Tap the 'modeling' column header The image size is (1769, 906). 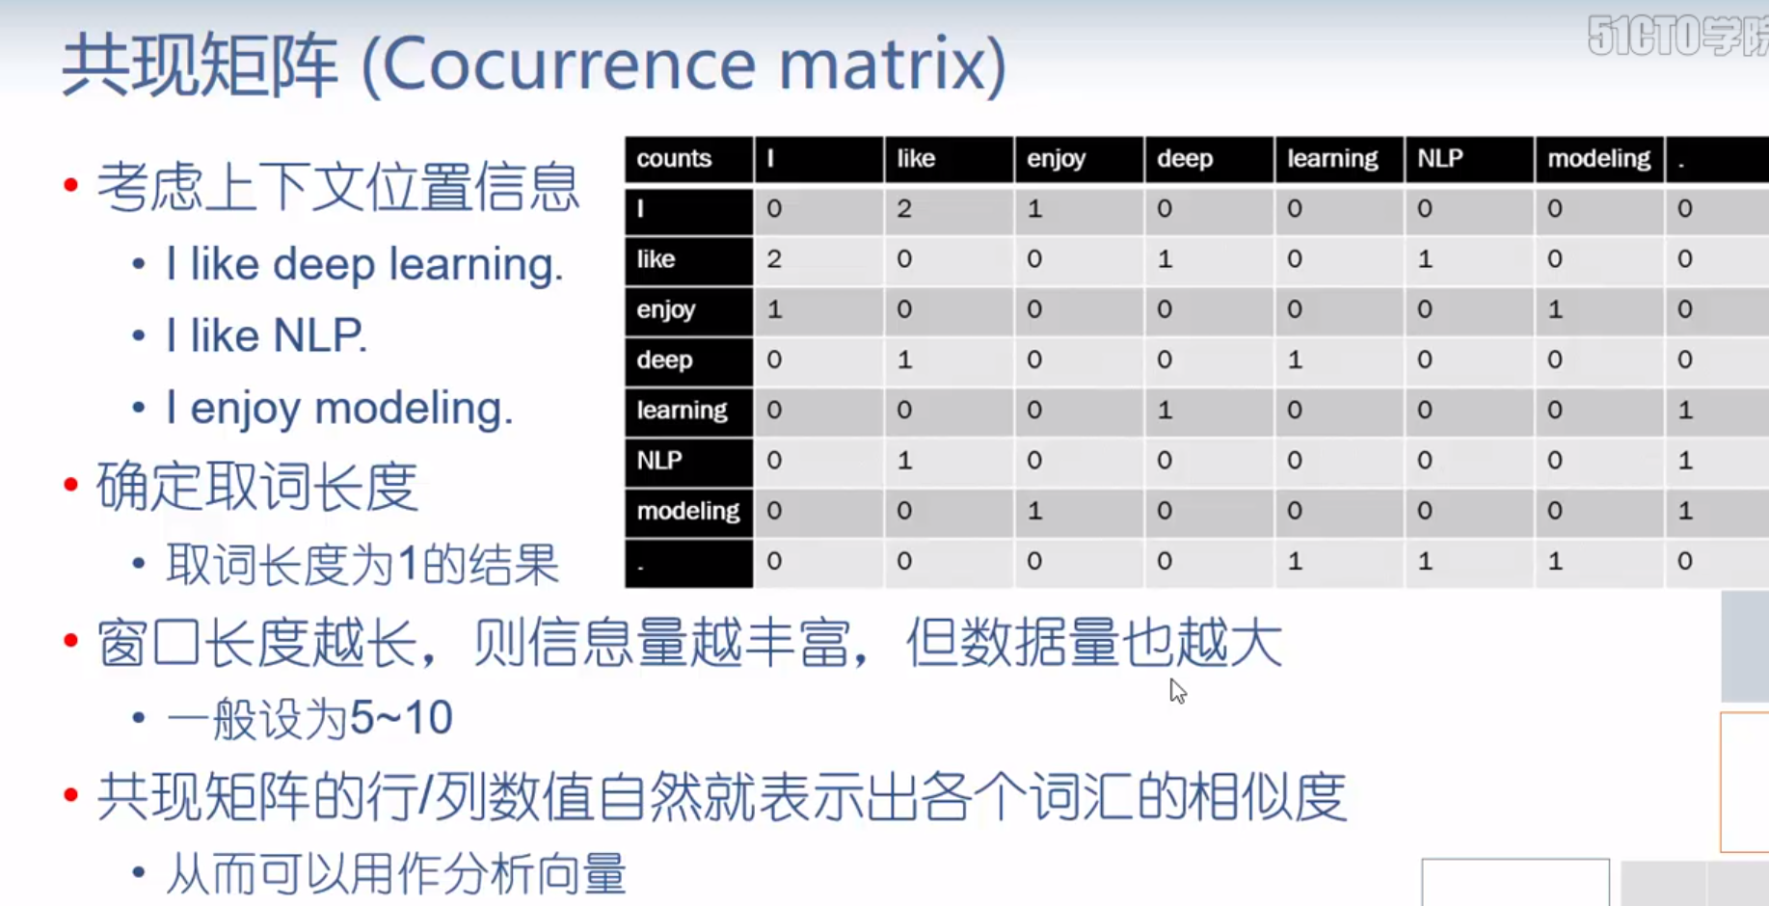[x=1598, y=159]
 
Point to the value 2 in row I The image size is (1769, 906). [x=904, y=209]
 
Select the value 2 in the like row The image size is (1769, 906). [x=774, y=259]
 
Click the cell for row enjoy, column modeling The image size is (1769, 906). [x=1555, y=309]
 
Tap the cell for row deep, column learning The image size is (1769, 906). [x=1295, y=360]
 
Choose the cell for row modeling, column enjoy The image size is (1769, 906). [x=1034, y=511]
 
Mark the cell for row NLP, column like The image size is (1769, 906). [x=904, y=461]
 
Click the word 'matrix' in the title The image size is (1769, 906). [x=892, y=66]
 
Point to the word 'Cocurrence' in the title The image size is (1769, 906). [x=569, y=66]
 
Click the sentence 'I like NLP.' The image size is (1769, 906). [x=266, y=336]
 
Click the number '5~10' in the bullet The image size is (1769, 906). [x=401, y=718]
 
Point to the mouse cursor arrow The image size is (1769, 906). [x=1177, y=690]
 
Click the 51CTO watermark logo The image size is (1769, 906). [x=1677, y=37]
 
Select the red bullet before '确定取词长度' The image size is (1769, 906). [x=70, y=485]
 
